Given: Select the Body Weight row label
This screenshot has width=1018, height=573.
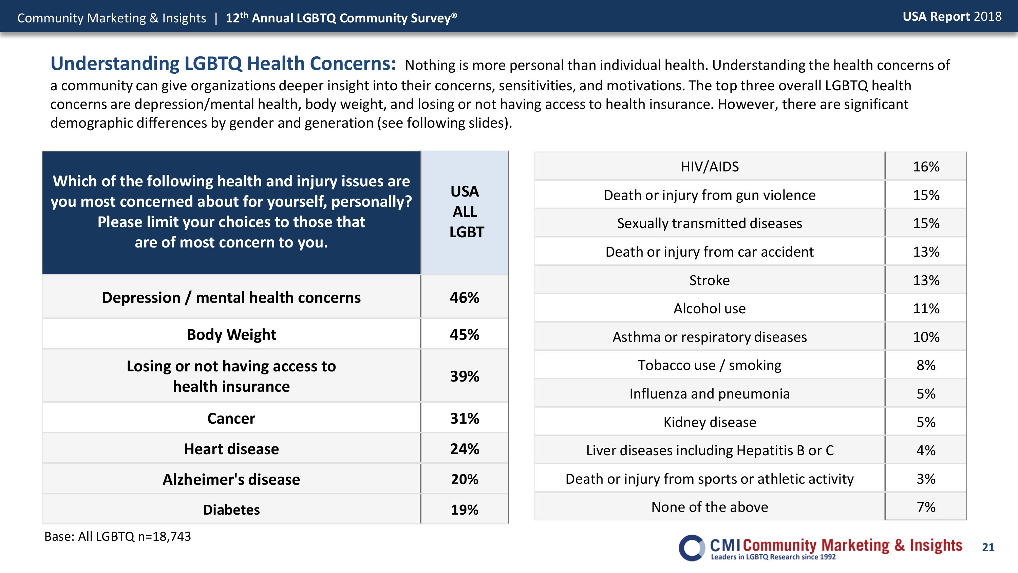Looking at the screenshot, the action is [x=231, y=335].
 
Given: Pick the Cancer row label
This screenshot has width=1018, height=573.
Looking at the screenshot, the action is [x=231, y=419].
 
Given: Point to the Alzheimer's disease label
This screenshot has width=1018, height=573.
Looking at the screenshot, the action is [x=231, y=479].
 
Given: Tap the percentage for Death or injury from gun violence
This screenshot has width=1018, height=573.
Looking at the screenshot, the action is [x=926, y=195].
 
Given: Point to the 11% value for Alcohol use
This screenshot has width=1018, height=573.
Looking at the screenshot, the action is [x=926, y=309].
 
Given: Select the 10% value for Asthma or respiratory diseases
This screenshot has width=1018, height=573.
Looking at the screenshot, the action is [x=926, y=337].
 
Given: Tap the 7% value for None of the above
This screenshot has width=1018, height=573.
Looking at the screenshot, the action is [x=926, y=507].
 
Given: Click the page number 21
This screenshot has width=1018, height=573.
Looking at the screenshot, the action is [x=988, y=547].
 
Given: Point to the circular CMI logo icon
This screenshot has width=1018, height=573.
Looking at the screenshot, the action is [x=692, y=548].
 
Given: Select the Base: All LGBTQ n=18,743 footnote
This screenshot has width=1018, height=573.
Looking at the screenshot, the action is [x=117, y=536].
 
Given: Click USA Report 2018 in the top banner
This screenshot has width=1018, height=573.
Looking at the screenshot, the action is [x=952, y=17].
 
